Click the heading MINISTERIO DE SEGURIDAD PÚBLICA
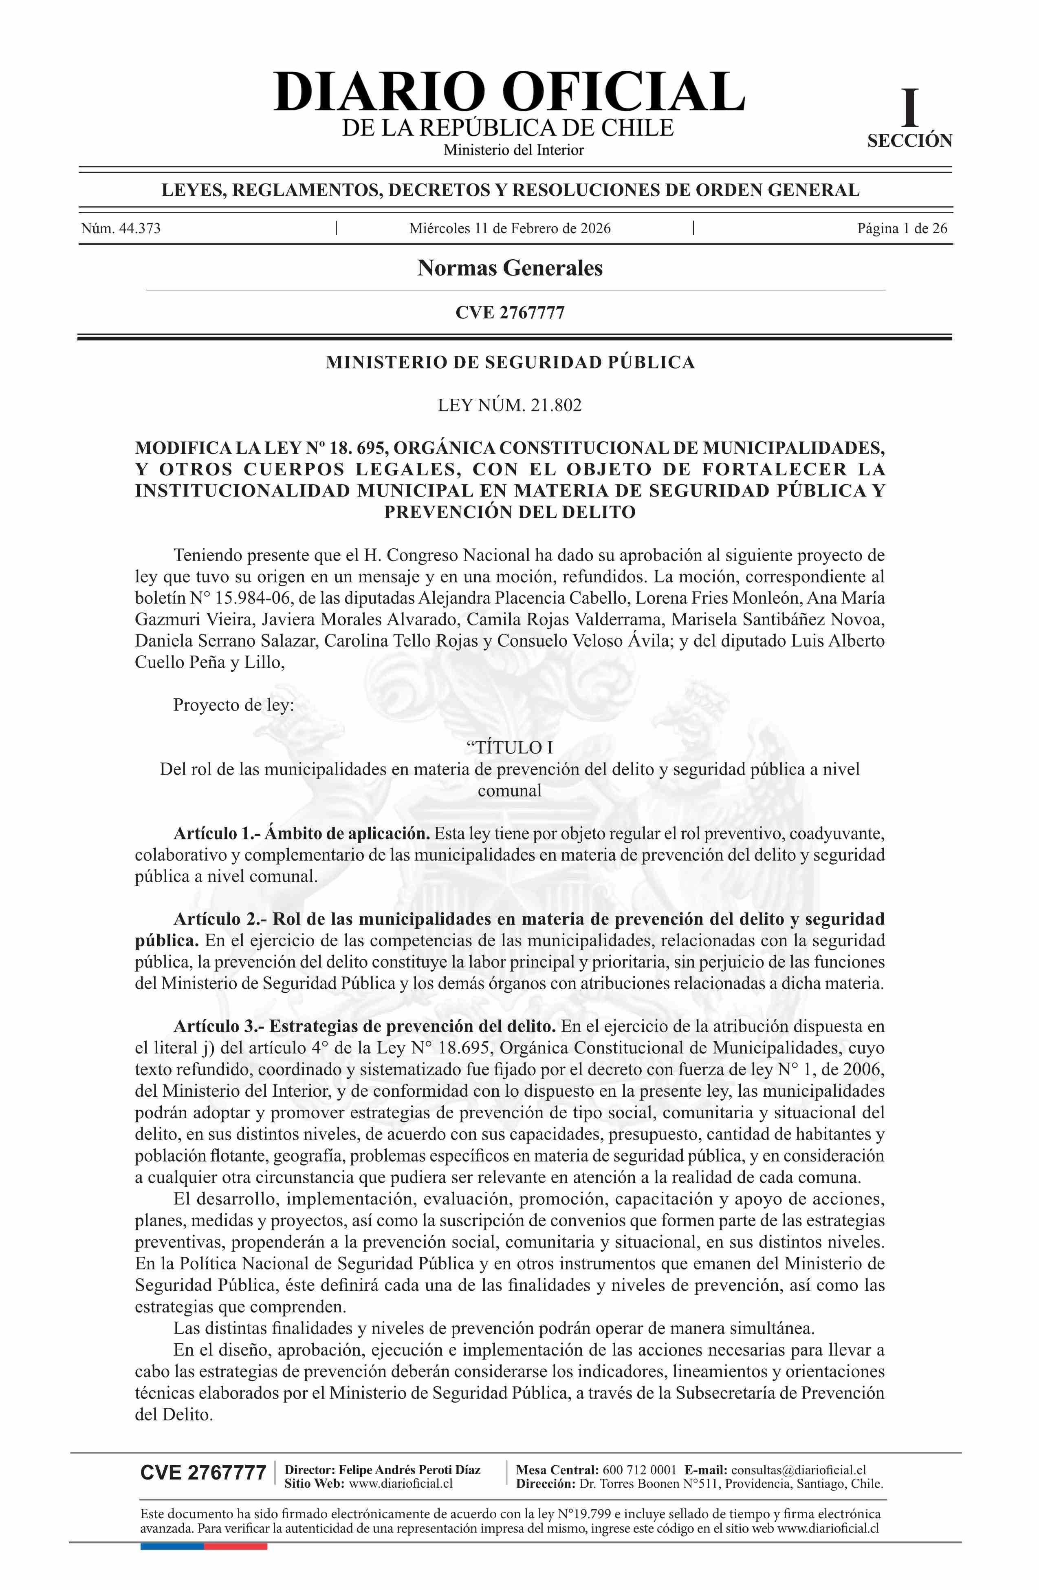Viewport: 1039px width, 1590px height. pyautogui.click(x=510, y=363)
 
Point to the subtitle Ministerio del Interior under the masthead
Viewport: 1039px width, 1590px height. pyautogui.click(x=513, y=150)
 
